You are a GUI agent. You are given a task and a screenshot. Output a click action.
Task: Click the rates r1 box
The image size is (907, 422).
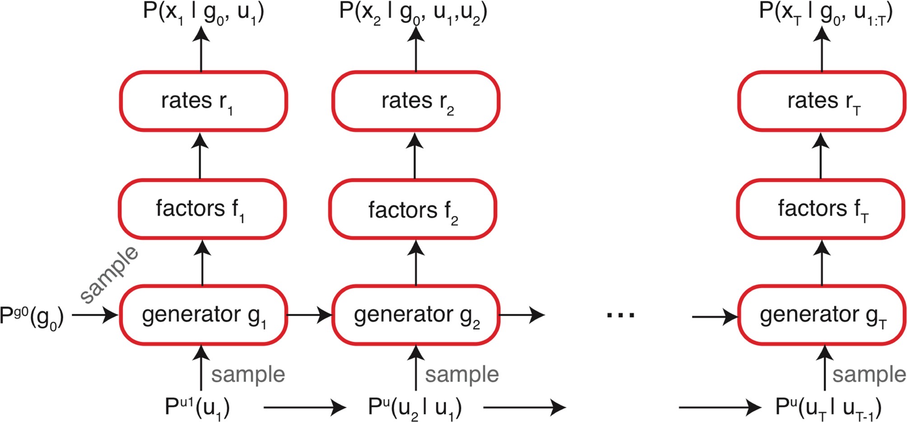coord(203,101)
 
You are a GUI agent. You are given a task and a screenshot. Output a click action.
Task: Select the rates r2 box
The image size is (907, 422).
coord(416,101)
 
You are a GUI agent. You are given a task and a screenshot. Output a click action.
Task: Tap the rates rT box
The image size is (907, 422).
coord(821,101)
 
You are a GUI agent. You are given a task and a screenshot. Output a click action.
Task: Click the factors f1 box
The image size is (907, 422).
coord(202,209)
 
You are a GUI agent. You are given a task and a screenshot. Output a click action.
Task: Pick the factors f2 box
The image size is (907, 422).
coord(413,209)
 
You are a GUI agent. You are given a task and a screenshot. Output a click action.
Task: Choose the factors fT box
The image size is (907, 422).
coord(820,209)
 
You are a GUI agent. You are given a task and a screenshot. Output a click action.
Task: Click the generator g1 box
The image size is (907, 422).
coord(203,315)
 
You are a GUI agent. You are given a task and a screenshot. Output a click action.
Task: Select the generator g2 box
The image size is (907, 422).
coord(416,315)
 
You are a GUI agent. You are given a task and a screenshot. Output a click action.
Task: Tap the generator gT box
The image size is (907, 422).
coord(821,315)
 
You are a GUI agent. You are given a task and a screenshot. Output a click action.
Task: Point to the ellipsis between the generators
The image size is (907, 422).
coord(620,315)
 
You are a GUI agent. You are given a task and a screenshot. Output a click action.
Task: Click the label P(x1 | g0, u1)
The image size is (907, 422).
coord(203,13)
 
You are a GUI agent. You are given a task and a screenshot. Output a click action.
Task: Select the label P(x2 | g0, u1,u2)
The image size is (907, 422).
coord(413,13)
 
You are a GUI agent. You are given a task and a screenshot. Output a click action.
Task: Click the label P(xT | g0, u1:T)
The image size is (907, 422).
coord(825,13)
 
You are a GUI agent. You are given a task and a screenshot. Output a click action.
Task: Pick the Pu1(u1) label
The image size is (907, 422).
coord(197,408)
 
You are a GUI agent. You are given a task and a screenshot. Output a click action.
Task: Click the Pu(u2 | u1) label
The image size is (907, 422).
coord(414,408)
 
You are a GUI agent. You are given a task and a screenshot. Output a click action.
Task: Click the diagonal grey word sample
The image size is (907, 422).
coord(109,274)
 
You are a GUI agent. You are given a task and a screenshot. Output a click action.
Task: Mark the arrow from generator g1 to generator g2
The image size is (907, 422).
coord(310,315)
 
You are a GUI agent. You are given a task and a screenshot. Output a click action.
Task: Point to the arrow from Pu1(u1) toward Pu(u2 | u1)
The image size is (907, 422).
coord(305,408)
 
